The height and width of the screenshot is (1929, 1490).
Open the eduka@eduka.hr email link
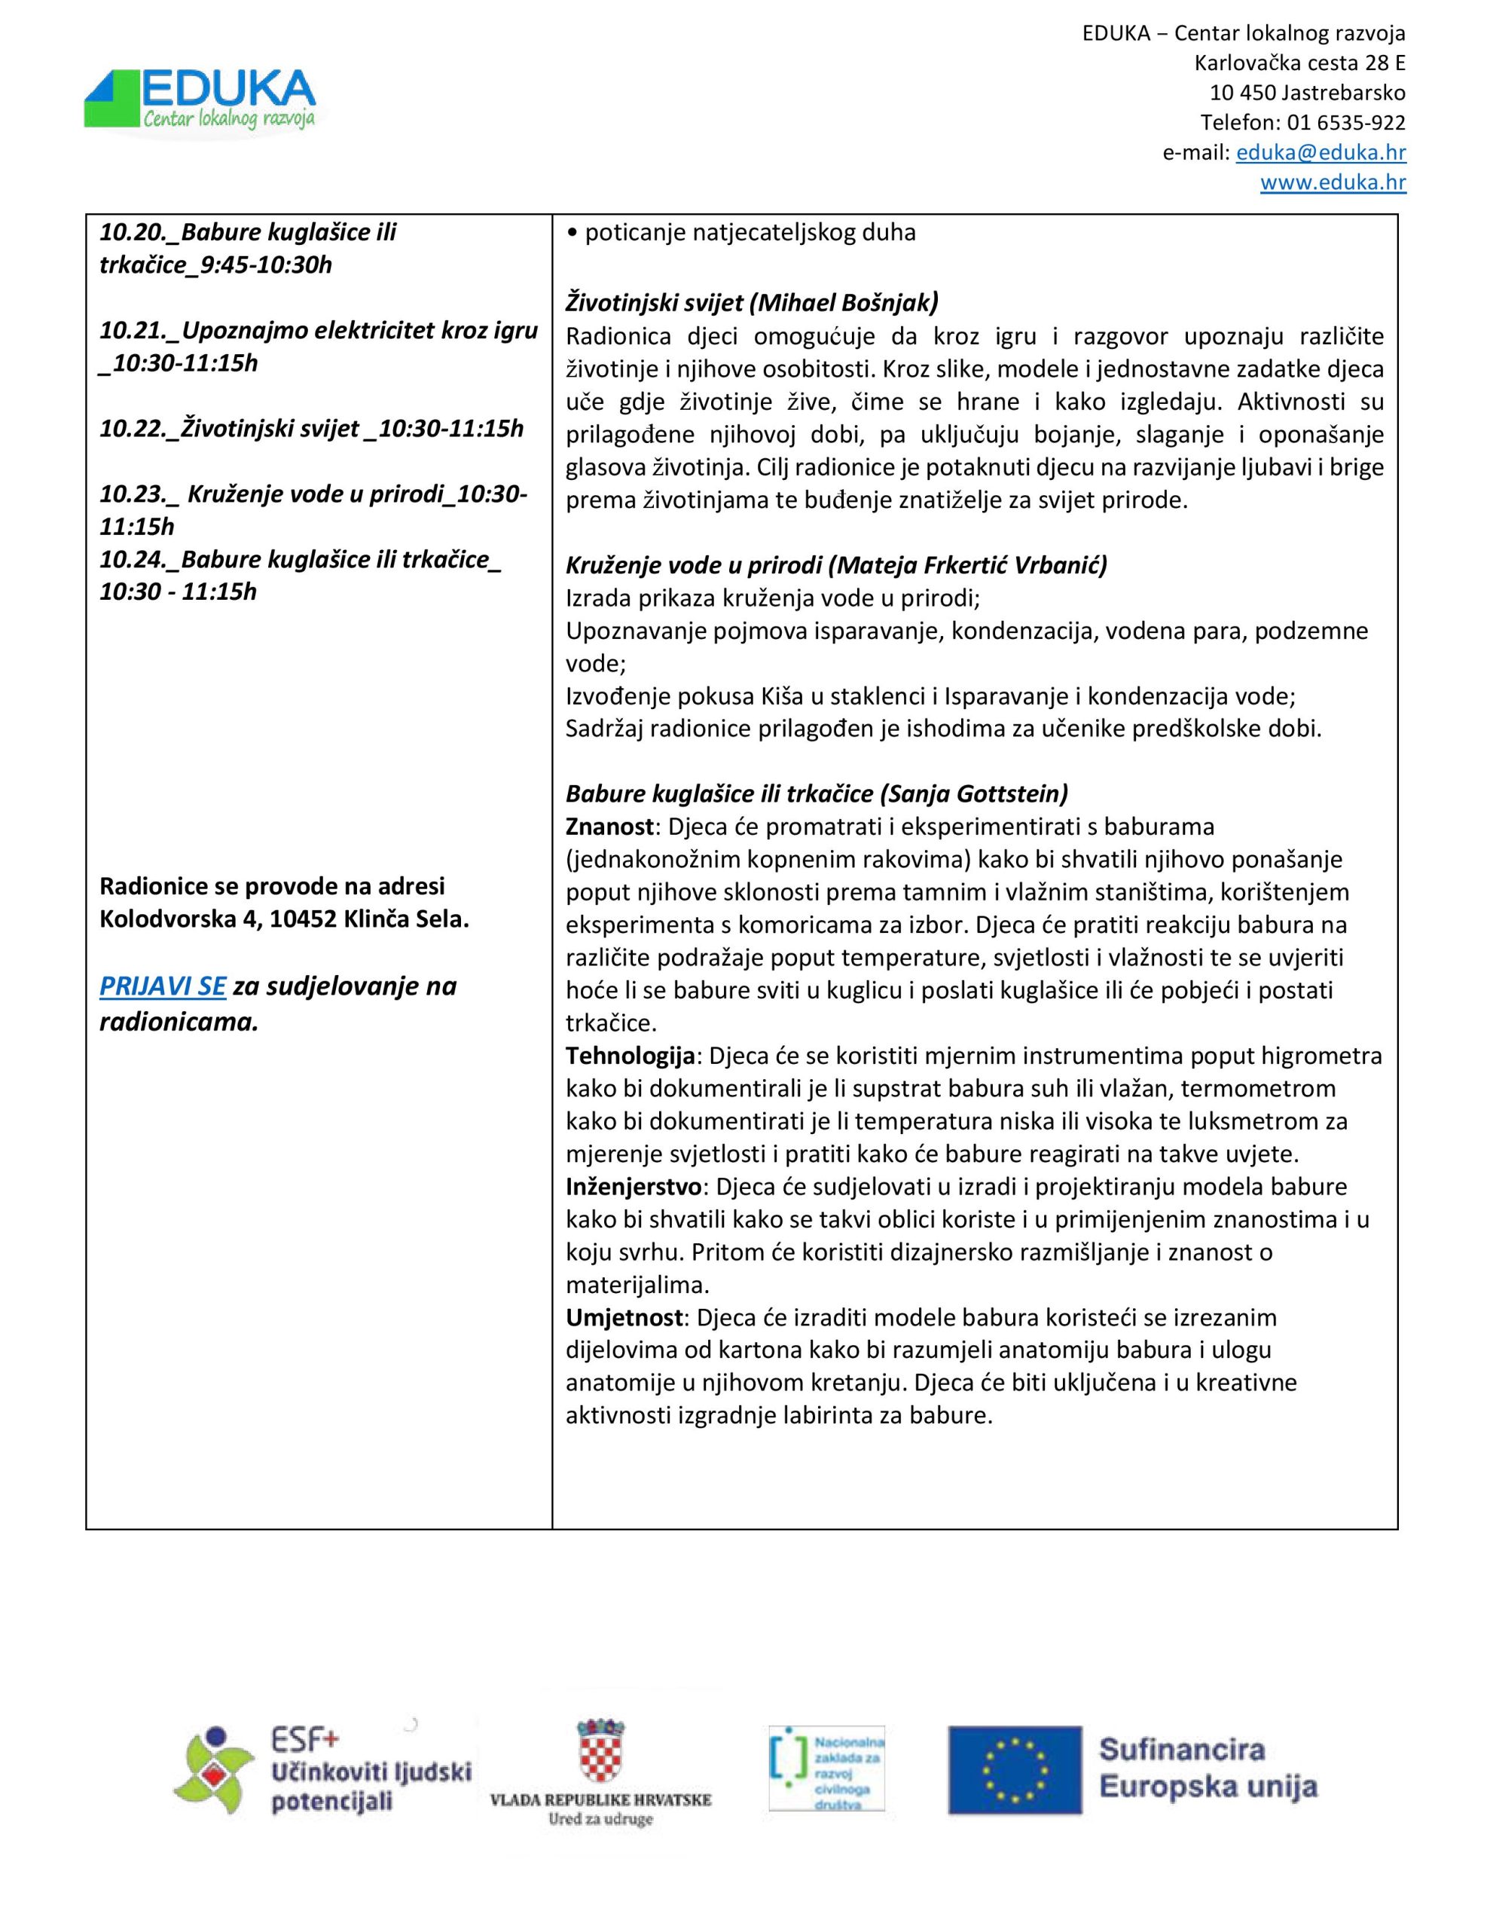pos(1321,153)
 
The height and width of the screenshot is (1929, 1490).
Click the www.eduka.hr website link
pos(1333,183)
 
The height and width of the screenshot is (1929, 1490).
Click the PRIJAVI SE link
pos(163,986)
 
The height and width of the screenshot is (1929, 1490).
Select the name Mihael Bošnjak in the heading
pos(844,303)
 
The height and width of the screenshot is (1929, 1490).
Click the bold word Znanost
pos(609,827)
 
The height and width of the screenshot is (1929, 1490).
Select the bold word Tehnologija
pos(630,1056)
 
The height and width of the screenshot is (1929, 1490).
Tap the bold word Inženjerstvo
pos(634,1186)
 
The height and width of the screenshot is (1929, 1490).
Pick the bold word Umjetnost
pos(624,1317)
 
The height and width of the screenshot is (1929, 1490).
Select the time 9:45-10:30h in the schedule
pos(266,265)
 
